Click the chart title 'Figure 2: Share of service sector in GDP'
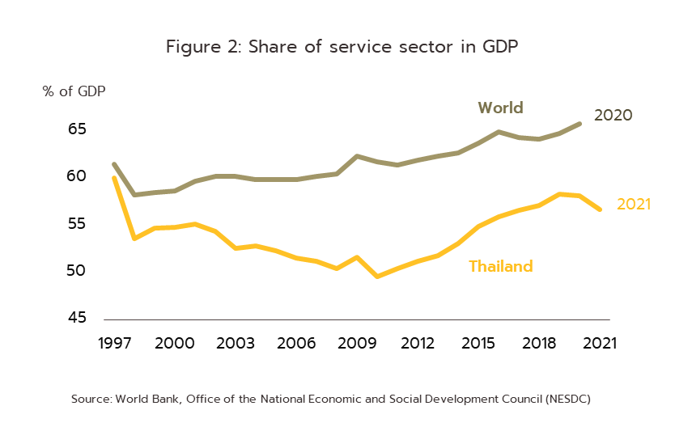tap(342, 47)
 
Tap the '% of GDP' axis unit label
tap(74, 91)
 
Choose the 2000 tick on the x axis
tap(174, 344)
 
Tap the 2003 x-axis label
tap(236, 344)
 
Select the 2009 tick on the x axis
tap(357, 344)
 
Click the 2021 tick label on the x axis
tap(600, 344)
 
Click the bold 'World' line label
tap(500, 108)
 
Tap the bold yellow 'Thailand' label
tap(501, 266)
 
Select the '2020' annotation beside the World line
tap(613, 116)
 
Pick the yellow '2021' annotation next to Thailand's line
tap(634, 205)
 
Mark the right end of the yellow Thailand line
tap(600, 209)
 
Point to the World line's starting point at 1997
tap(114, 165)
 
